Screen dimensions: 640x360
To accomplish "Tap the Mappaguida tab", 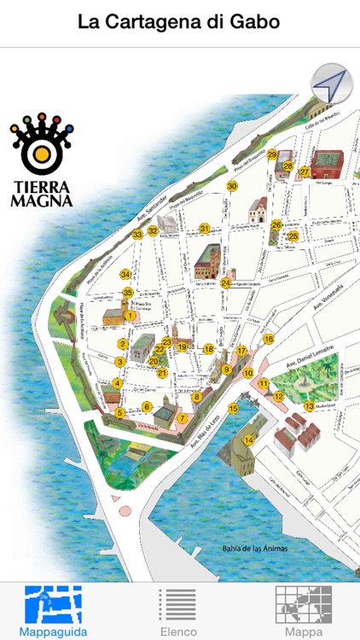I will [53, 612].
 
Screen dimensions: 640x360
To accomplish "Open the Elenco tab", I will [179, 612].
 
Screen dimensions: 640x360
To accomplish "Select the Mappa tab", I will [305, 612].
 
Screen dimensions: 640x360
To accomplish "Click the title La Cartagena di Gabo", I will [179, 22].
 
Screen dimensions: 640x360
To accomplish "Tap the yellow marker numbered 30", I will [232, 186].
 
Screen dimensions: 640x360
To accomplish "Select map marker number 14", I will [249, 440].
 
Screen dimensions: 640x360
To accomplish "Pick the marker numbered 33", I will [137, 235].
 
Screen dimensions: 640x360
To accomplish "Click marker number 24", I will [226, 283].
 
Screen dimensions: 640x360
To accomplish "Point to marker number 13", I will [309, 406].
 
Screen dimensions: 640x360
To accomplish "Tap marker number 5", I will [120, 413].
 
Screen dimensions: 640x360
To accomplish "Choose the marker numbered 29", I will [272, 154].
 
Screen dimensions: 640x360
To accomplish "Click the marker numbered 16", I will [269, 339].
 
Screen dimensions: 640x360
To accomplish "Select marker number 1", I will [131, 316].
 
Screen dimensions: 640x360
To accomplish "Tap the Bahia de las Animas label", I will [253, 548].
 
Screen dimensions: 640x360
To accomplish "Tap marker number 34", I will [125, 274].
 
